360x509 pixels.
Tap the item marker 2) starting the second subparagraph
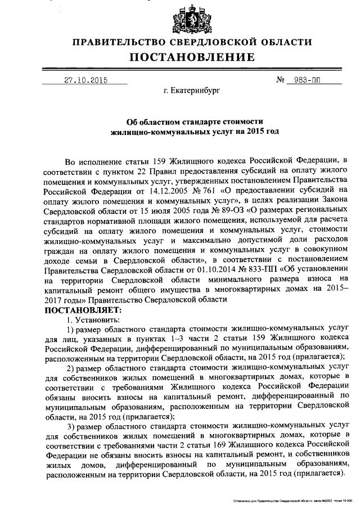pos(72,368)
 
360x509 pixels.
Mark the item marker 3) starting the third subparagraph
pos(72,428)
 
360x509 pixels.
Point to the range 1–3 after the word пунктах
pos(168,339)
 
